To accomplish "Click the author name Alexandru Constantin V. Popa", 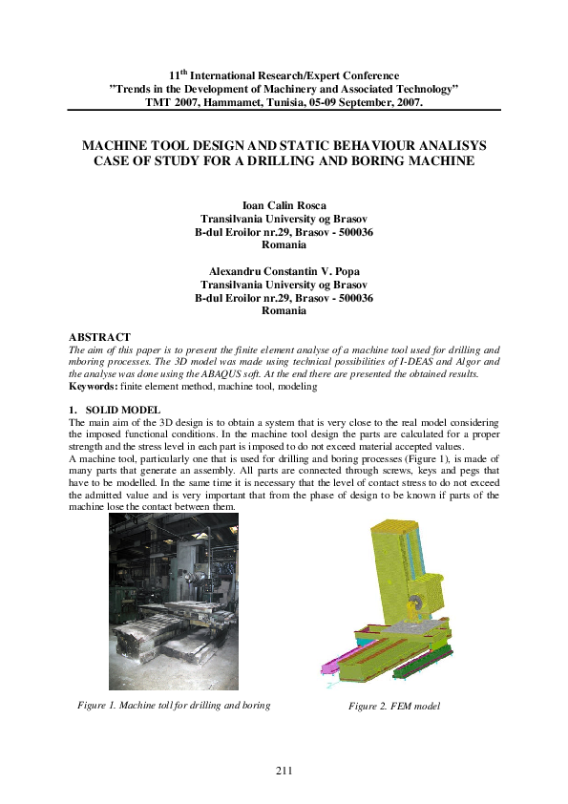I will (x=284, y=271).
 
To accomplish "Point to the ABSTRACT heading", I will (x=100, y=337).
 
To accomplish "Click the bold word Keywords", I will (x=95, y=386).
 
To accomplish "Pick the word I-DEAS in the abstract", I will (x=422, y=363).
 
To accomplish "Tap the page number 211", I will (x=284, y=771).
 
